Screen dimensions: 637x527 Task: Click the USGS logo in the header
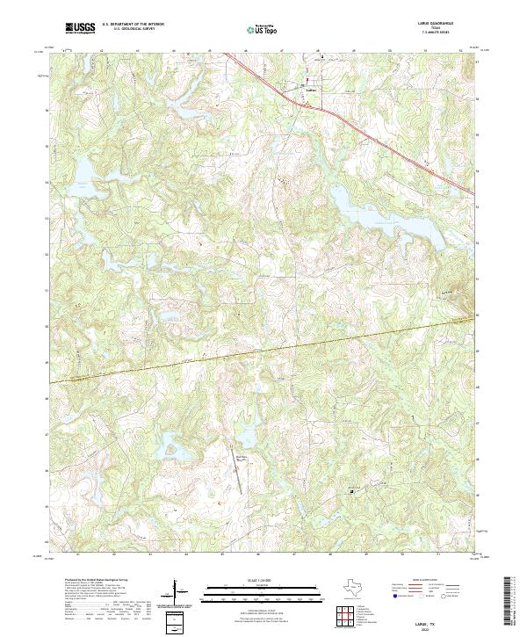click(81, 28)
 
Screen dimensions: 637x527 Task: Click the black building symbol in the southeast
click(353, 492)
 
